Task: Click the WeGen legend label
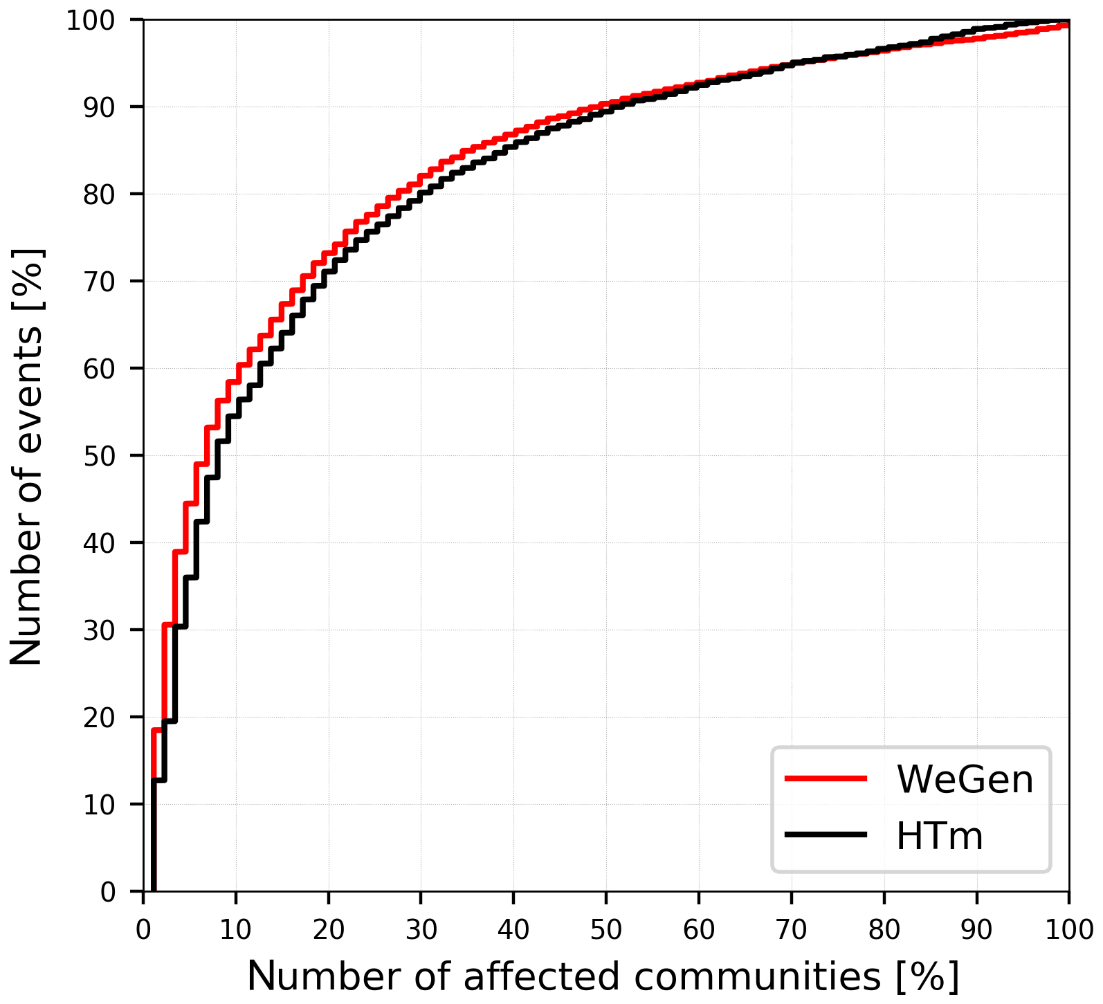pos(965,779)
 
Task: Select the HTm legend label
pos(939,836)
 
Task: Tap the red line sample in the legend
pos(826,778)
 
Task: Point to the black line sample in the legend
pos(826,835)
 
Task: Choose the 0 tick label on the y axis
pos(109,892)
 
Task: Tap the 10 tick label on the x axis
pos(236,929)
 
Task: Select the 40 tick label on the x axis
pos(513,929)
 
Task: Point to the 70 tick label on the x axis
pos(791,929)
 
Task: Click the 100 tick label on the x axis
pos(1068,929)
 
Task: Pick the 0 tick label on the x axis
pos(143,929)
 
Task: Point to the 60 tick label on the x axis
pos(699,929)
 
